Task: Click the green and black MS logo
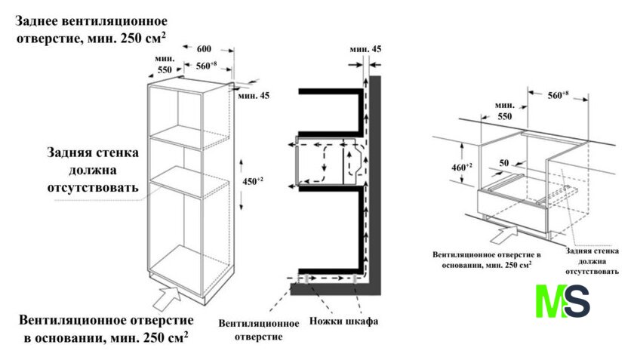tap(562, 300)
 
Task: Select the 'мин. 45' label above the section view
tap(365, 49)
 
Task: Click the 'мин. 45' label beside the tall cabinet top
tap(253, 95)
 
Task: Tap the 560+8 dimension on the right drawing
tap(557, 95)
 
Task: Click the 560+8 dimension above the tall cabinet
tap(207, 65)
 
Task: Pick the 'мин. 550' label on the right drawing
tap(504, 112)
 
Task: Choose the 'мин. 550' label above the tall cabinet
tap(165, 64)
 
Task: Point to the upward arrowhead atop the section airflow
tap(365, 78)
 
